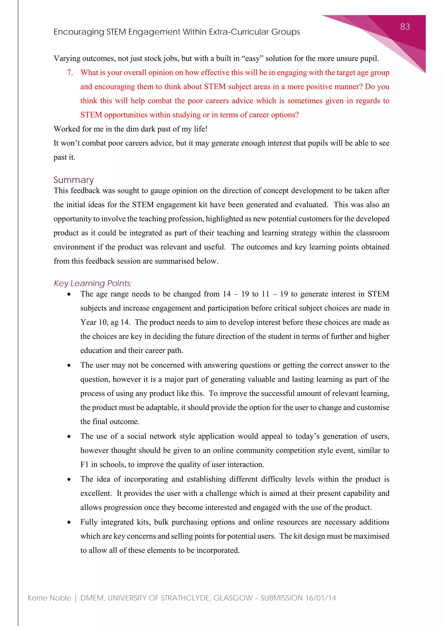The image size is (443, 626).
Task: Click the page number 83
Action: (x=405, y=27)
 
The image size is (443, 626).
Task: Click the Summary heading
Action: (x=73, y=180)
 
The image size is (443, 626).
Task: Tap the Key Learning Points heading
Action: (x=93, y=283)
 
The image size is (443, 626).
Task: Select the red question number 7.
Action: (x=70, y=73)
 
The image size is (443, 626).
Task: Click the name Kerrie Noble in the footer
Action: (x=49, y=598)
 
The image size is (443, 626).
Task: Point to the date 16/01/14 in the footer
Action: (x=321, y=598)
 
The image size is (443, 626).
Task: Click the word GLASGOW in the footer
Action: (x=233, y=598)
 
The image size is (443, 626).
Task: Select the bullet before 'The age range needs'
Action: (x=69, y=294)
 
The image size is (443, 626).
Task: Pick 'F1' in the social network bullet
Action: (x=84, y=465)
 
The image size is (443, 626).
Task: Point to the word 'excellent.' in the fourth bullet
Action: (x=96, y=493)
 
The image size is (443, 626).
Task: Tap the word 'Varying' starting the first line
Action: (x=67, y=58)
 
